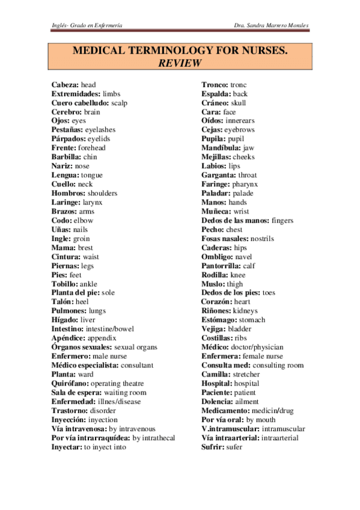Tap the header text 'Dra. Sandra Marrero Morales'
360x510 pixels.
(273, 24)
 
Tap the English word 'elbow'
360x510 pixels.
(84, 220)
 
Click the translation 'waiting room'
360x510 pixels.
(126, 392)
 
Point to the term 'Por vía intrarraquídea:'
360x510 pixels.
(90, 438)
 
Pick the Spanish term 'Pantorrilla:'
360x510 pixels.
(221, 265)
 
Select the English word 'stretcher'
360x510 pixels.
(248, 374)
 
